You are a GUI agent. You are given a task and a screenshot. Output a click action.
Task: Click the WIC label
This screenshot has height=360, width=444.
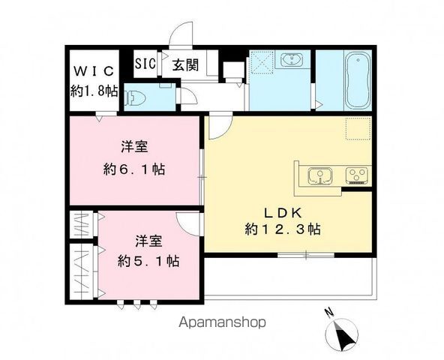[94, 71]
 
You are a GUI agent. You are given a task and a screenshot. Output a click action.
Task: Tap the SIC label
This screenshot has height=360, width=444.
[145, 64]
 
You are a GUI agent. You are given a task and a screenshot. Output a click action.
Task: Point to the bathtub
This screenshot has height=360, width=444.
[356, 79]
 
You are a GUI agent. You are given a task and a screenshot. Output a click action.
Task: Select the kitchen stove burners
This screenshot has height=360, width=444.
[355, 176]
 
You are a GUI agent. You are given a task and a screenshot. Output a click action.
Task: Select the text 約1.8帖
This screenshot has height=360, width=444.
[94, 90]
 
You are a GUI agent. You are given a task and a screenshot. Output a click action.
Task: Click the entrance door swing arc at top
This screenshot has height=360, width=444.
[180, 35]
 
